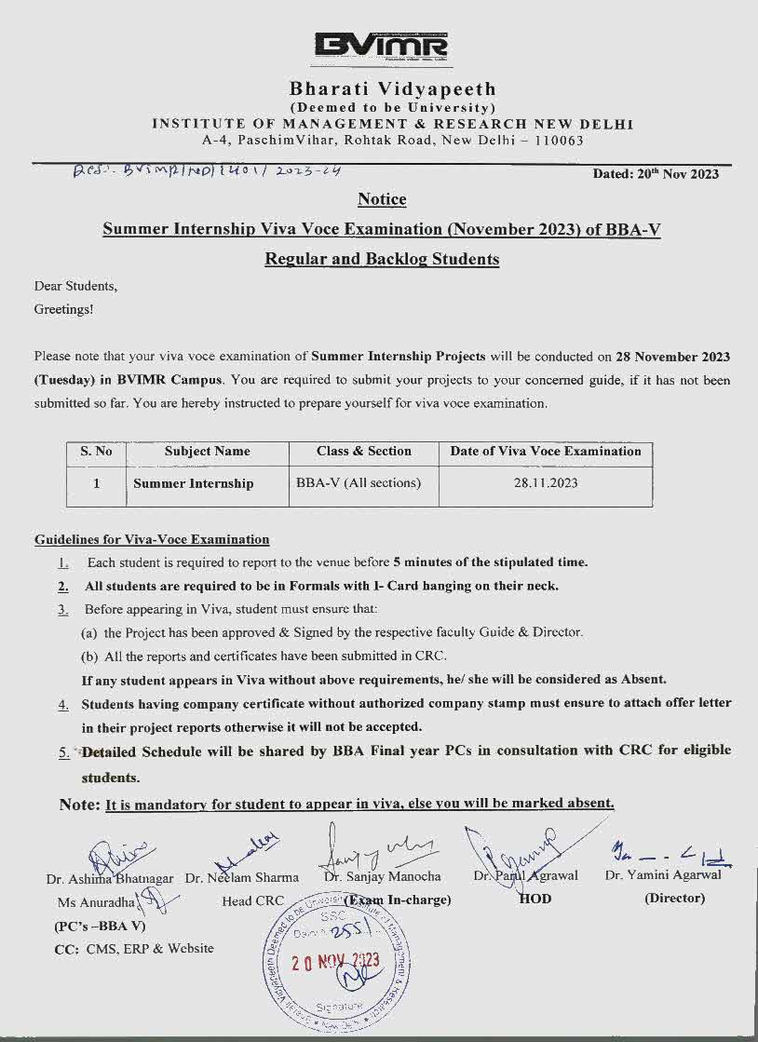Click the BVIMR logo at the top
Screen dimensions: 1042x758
[381, 46]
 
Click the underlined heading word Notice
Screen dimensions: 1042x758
[382, 199]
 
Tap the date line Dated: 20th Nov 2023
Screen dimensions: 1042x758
[656, 174]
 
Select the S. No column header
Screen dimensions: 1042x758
[96, 452]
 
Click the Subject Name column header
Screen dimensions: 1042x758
[207, 452]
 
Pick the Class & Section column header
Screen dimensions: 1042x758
[363, 452]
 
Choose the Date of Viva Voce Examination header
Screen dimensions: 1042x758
[546, 452]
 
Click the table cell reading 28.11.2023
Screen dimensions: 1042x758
[546, 483]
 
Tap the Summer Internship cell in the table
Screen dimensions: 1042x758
[193, 483]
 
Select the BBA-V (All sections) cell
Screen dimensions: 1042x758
[359, 483]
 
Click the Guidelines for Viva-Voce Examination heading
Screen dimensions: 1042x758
[152, 539]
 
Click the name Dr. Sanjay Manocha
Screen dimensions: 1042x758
[382, 876]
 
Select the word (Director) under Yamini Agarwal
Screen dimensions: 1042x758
[674, 899]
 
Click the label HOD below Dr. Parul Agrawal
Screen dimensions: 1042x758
[535, 899]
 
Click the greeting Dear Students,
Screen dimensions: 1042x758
[75, 286]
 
